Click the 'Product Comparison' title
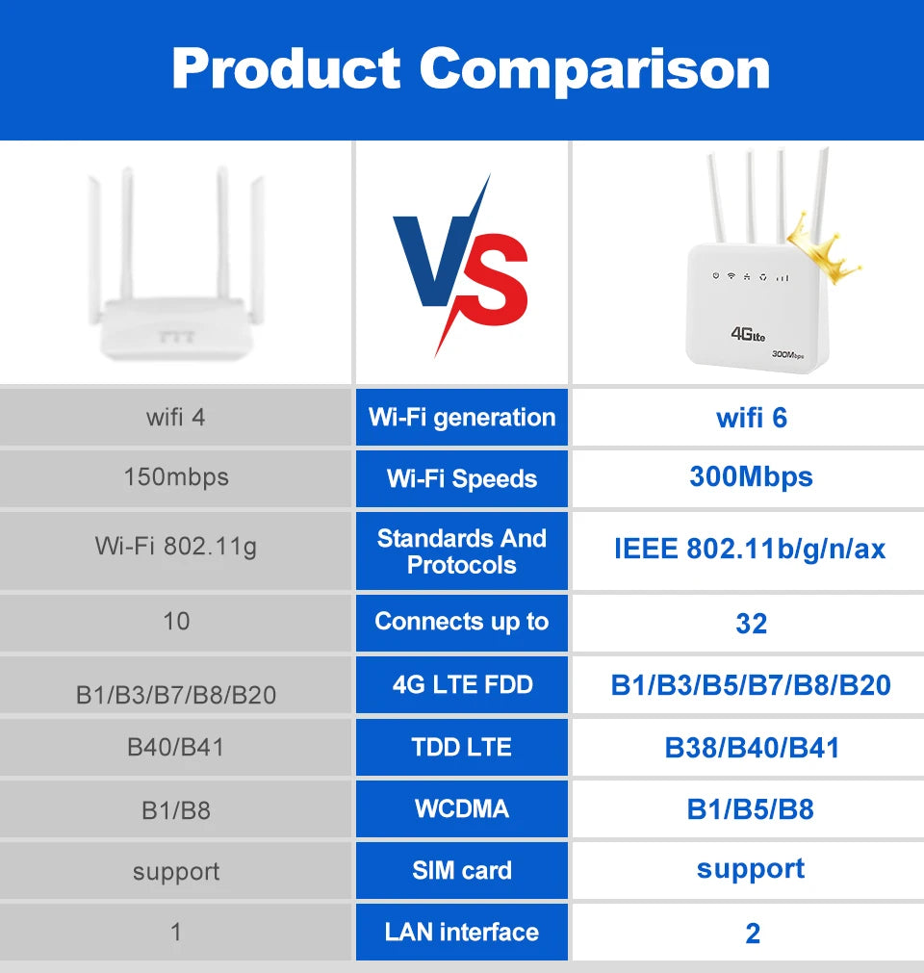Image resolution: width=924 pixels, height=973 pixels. pos(471,68)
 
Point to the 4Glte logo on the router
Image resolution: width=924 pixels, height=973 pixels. pos(748,334)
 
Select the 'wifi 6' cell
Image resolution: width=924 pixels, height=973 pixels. pos(752,418)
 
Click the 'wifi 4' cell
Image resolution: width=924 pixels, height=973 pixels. pos(176,418)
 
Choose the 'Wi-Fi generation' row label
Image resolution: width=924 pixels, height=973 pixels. pos(462,418)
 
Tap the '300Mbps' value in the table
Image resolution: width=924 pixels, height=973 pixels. pos(751,477)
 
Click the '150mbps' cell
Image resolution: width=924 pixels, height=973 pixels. pos(176,477)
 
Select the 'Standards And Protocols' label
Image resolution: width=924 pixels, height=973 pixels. pos(462,551)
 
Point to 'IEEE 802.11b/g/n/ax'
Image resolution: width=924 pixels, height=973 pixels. pos(750,549)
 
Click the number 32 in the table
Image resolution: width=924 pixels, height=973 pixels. pos(751,624)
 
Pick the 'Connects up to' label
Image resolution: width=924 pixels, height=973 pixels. pos(462,622)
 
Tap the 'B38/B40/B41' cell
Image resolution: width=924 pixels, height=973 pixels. pos(752,748)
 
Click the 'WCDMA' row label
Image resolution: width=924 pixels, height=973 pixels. pos(462,808)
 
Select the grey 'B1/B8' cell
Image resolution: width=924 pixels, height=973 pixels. pos(176,810)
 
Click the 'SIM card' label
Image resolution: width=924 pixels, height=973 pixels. pos(462,871)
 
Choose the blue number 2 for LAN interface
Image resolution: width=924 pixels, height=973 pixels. pos(752,933)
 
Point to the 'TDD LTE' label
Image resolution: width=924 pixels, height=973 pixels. pos(462,748)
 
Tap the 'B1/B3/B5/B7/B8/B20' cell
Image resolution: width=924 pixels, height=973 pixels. pos(751,685)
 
